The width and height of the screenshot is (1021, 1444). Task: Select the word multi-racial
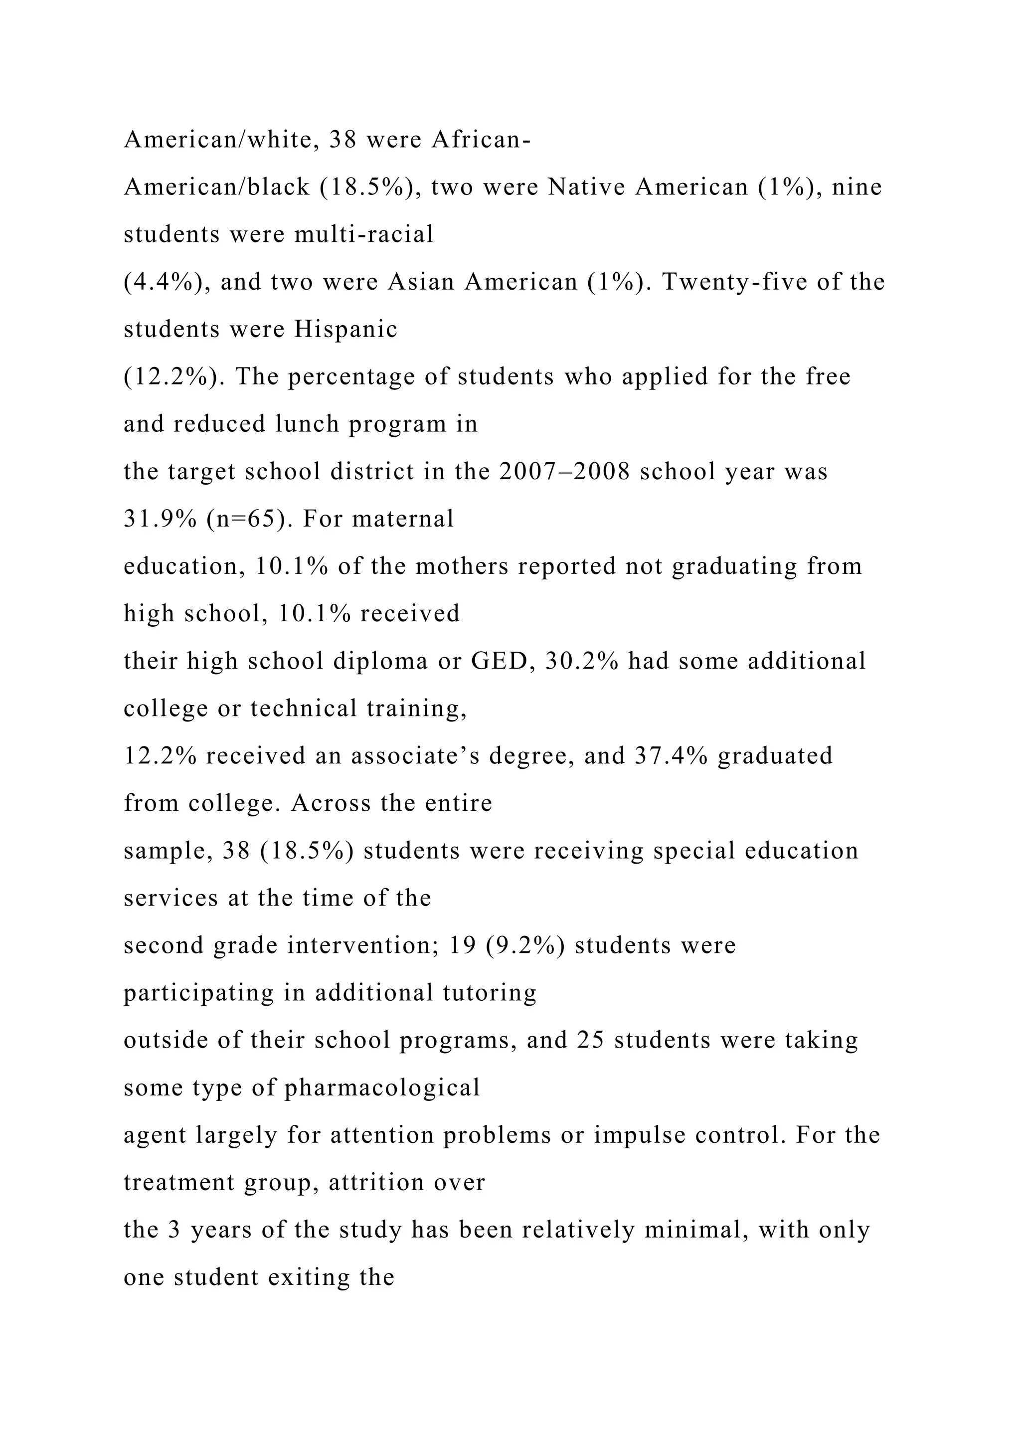click(364, 234)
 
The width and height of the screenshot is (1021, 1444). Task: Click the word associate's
click(415, 756)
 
